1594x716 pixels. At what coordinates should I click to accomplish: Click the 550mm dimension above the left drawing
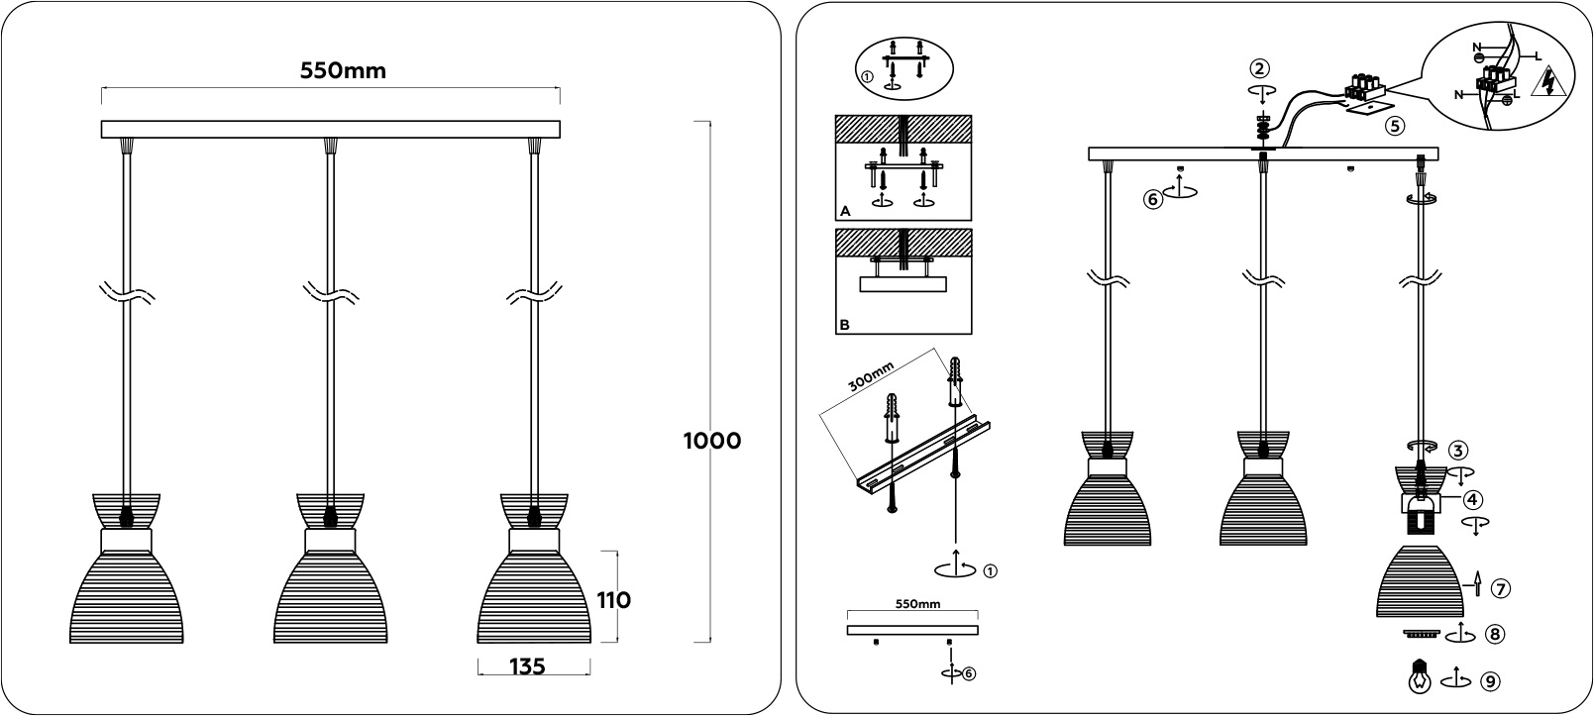343,71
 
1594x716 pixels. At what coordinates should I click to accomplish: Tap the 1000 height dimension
712,441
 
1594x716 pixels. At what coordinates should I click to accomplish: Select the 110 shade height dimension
613,601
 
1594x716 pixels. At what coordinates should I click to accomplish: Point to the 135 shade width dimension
527,666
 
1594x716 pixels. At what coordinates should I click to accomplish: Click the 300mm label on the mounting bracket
871,377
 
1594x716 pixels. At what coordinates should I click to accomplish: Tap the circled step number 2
1259,68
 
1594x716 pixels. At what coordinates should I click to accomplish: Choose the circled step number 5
1394,127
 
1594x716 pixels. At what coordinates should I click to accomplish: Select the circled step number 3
1458,450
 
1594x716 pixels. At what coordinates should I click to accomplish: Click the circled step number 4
1472,500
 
